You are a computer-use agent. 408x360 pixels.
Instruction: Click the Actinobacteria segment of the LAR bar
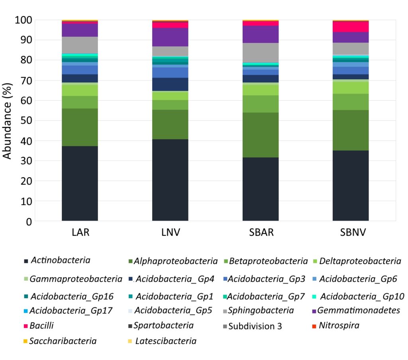[x=80, y=183]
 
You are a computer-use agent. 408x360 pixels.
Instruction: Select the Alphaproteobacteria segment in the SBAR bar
[x=260, y=135]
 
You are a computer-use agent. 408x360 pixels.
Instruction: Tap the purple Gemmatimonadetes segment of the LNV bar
[x=170, y=37]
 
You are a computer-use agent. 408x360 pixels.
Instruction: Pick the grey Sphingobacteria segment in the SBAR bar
[x=260, y=53]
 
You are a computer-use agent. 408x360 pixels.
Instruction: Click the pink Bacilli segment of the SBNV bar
[x=350, y=27]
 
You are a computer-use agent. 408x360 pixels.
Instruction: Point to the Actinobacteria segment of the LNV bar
[x=170, y=180]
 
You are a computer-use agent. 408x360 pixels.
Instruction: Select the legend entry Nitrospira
[x=339, y=326]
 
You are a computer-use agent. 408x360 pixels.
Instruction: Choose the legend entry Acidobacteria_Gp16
[x=72, y=296]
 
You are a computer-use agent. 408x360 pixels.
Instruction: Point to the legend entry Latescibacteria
[x=165, y=341]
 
